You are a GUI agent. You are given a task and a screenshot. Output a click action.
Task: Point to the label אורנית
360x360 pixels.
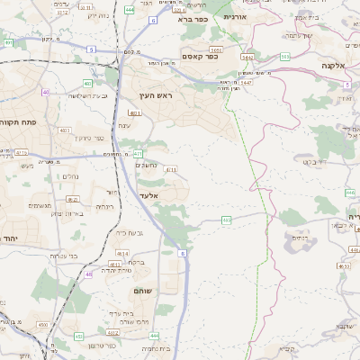tap(235, 16)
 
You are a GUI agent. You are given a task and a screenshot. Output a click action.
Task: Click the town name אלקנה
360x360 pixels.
tap(334, 66)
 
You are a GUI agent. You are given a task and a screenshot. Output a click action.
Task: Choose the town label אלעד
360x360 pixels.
tap(148, 195)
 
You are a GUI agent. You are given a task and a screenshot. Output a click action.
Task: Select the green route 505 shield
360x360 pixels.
tap(284, 57)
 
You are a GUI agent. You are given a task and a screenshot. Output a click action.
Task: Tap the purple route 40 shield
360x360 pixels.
tap(46, 92)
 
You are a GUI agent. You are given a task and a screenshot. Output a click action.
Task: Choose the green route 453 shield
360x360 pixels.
tap(79, 337)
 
